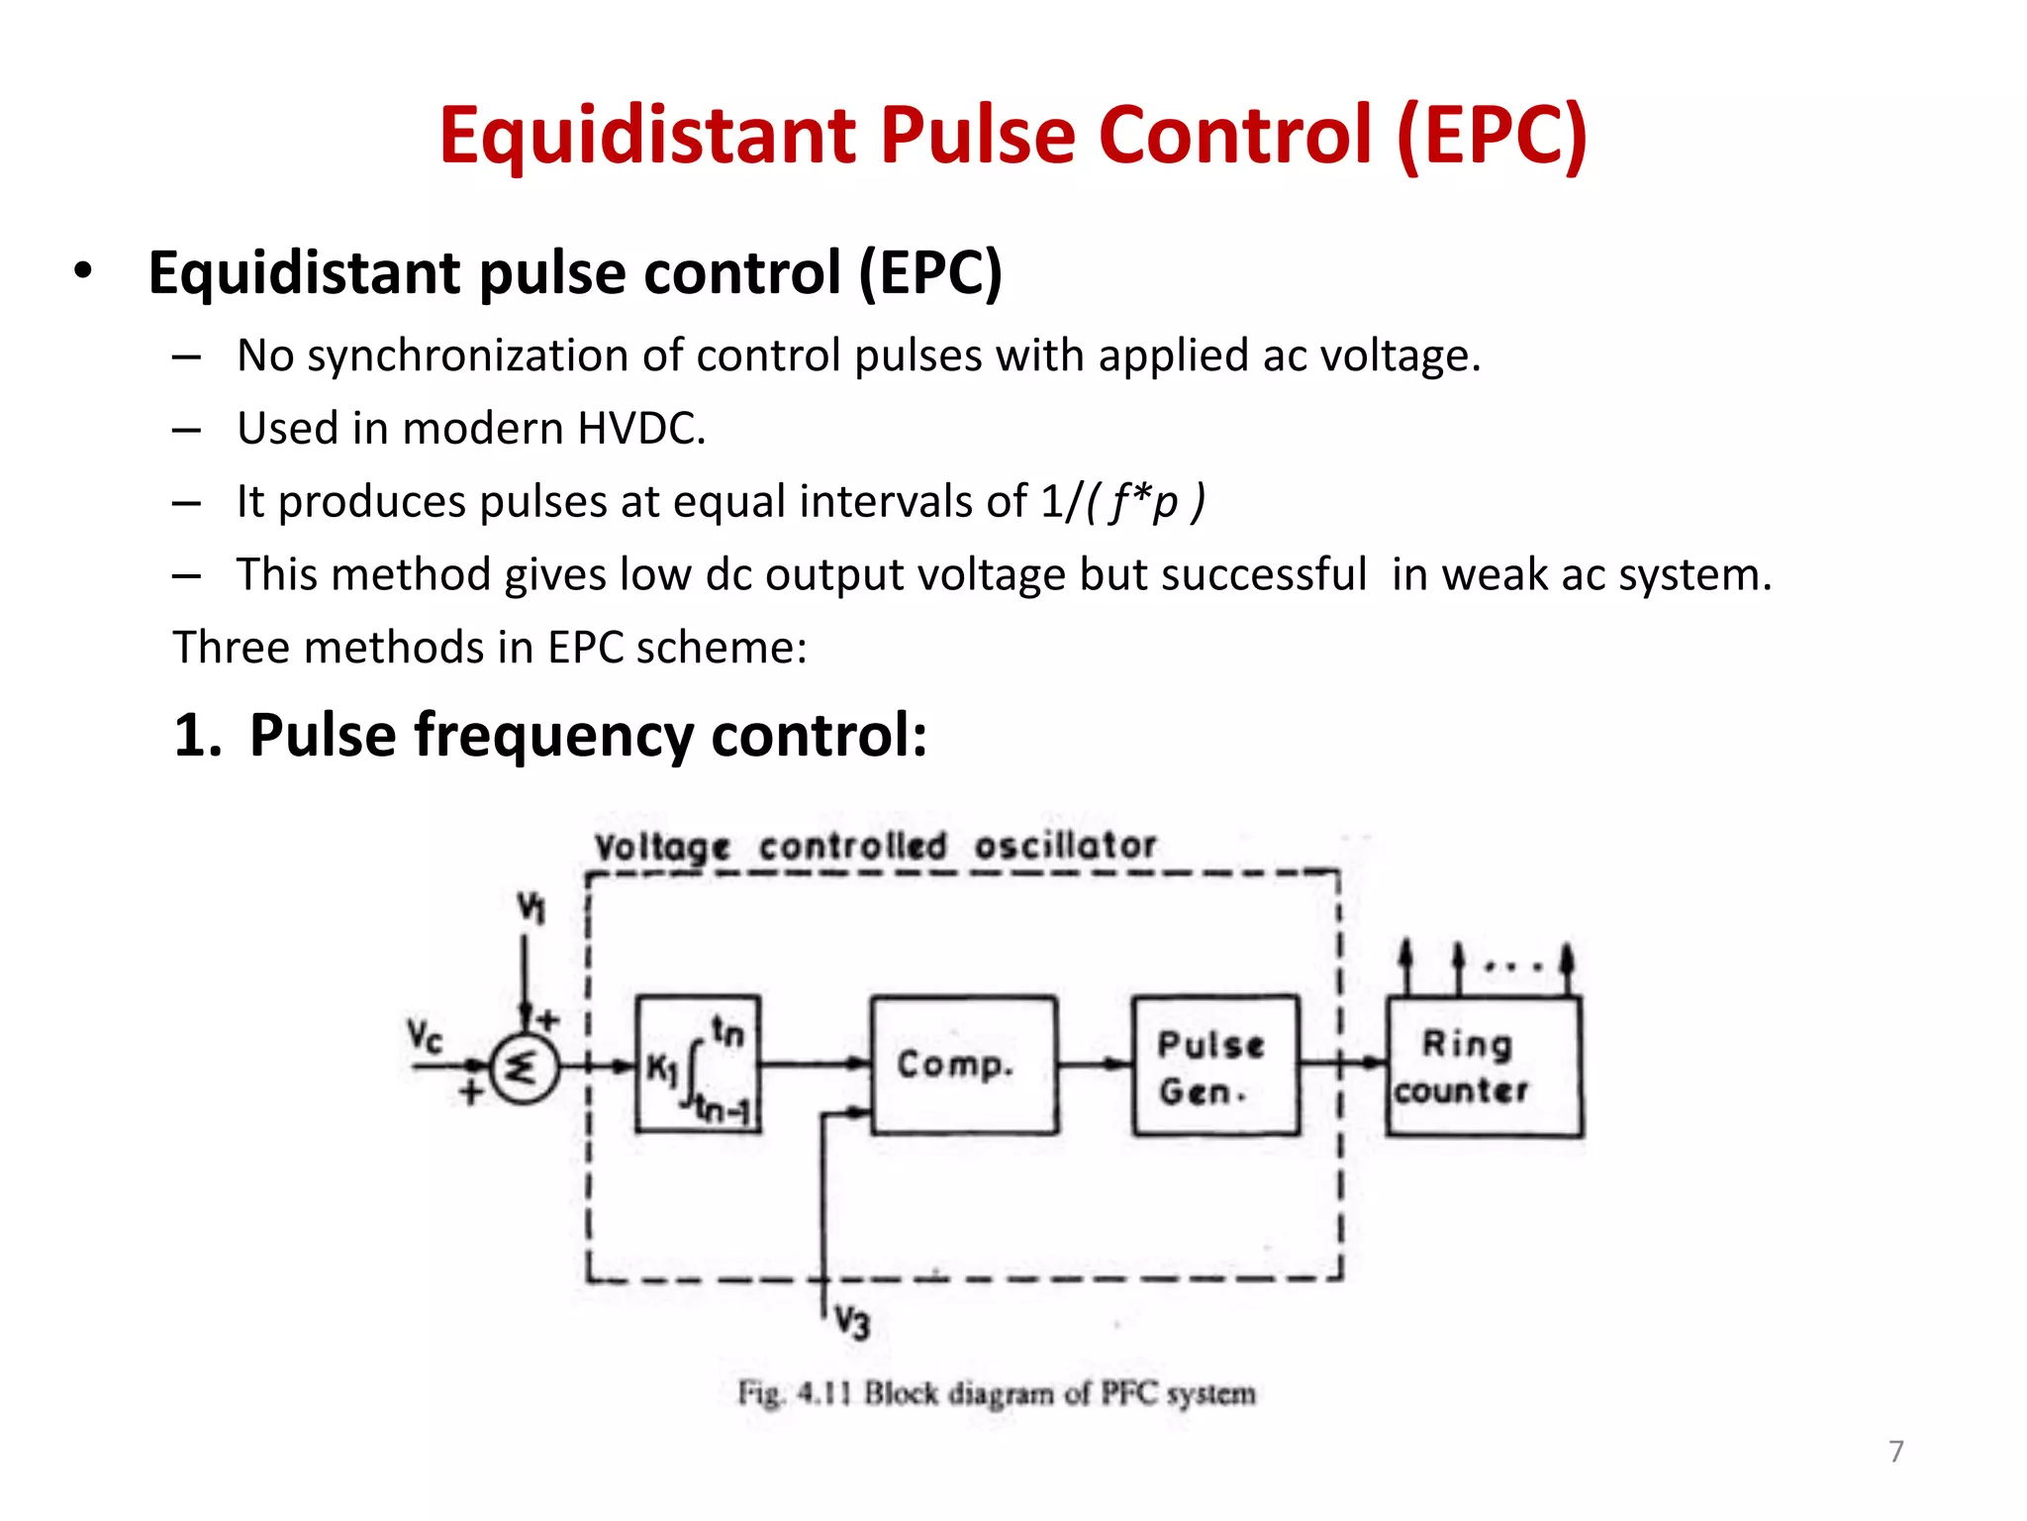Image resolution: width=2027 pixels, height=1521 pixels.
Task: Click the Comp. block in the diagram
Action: [x=963, y=1065]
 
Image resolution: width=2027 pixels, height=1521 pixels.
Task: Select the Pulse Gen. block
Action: [x=1215, y=1065]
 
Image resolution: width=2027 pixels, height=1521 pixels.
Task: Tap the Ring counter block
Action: [x=1483, y=1066]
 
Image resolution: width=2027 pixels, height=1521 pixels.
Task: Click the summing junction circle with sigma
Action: [x=524, y=1067]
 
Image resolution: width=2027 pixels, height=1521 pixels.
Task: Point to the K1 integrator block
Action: [x=697, y=1065]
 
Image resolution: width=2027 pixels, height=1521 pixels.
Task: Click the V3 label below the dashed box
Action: [x=851, y=1322]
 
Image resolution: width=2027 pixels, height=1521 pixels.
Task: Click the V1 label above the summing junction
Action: [x=531, y=906]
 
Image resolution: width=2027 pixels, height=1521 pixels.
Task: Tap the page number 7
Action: [x=1895, y=1452]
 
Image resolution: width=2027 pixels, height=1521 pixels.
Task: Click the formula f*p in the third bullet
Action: [x=1144, y=502]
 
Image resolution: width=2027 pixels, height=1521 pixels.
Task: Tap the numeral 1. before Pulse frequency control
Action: [x=197, y=736]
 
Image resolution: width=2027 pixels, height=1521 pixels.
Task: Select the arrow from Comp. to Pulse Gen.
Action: [x=1095, y=1065]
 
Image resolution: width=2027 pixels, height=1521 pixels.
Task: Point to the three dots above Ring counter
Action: [x=1512, y=965]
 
